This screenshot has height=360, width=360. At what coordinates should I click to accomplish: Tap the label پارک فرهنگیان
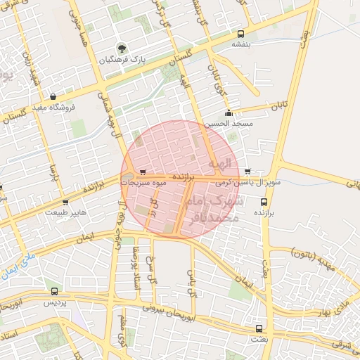[124, 60]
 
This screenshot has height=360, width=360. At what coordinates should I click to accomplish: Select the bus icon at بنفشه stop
[241, 33]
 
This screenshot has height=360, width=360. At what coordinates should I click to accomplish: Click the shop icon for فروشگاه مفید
[53, 97]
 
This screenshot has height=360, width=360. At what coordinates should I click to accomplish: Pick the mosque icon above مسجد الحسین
[228, 113]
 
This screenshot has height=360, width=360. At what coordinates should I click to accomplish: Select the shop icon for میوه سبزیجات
[143, 172]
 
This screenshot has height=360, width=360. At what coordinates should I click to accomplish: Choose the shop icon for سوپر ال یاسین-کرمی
[247, 172]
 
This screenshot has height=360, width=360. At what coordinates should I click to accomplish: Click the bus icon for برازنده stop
[263, 202]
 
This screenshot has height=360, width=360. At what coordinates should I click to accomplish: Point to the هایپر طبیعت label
[66, 211]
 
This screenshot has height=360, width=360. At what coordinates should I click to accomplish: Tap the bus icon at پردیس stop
[55, 291]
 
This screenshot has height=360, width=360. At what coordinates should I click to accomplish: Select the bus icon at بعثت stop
[259, 328]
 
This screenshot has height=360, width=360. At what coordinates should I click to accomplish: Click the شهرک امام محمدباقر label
[213, 210]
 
